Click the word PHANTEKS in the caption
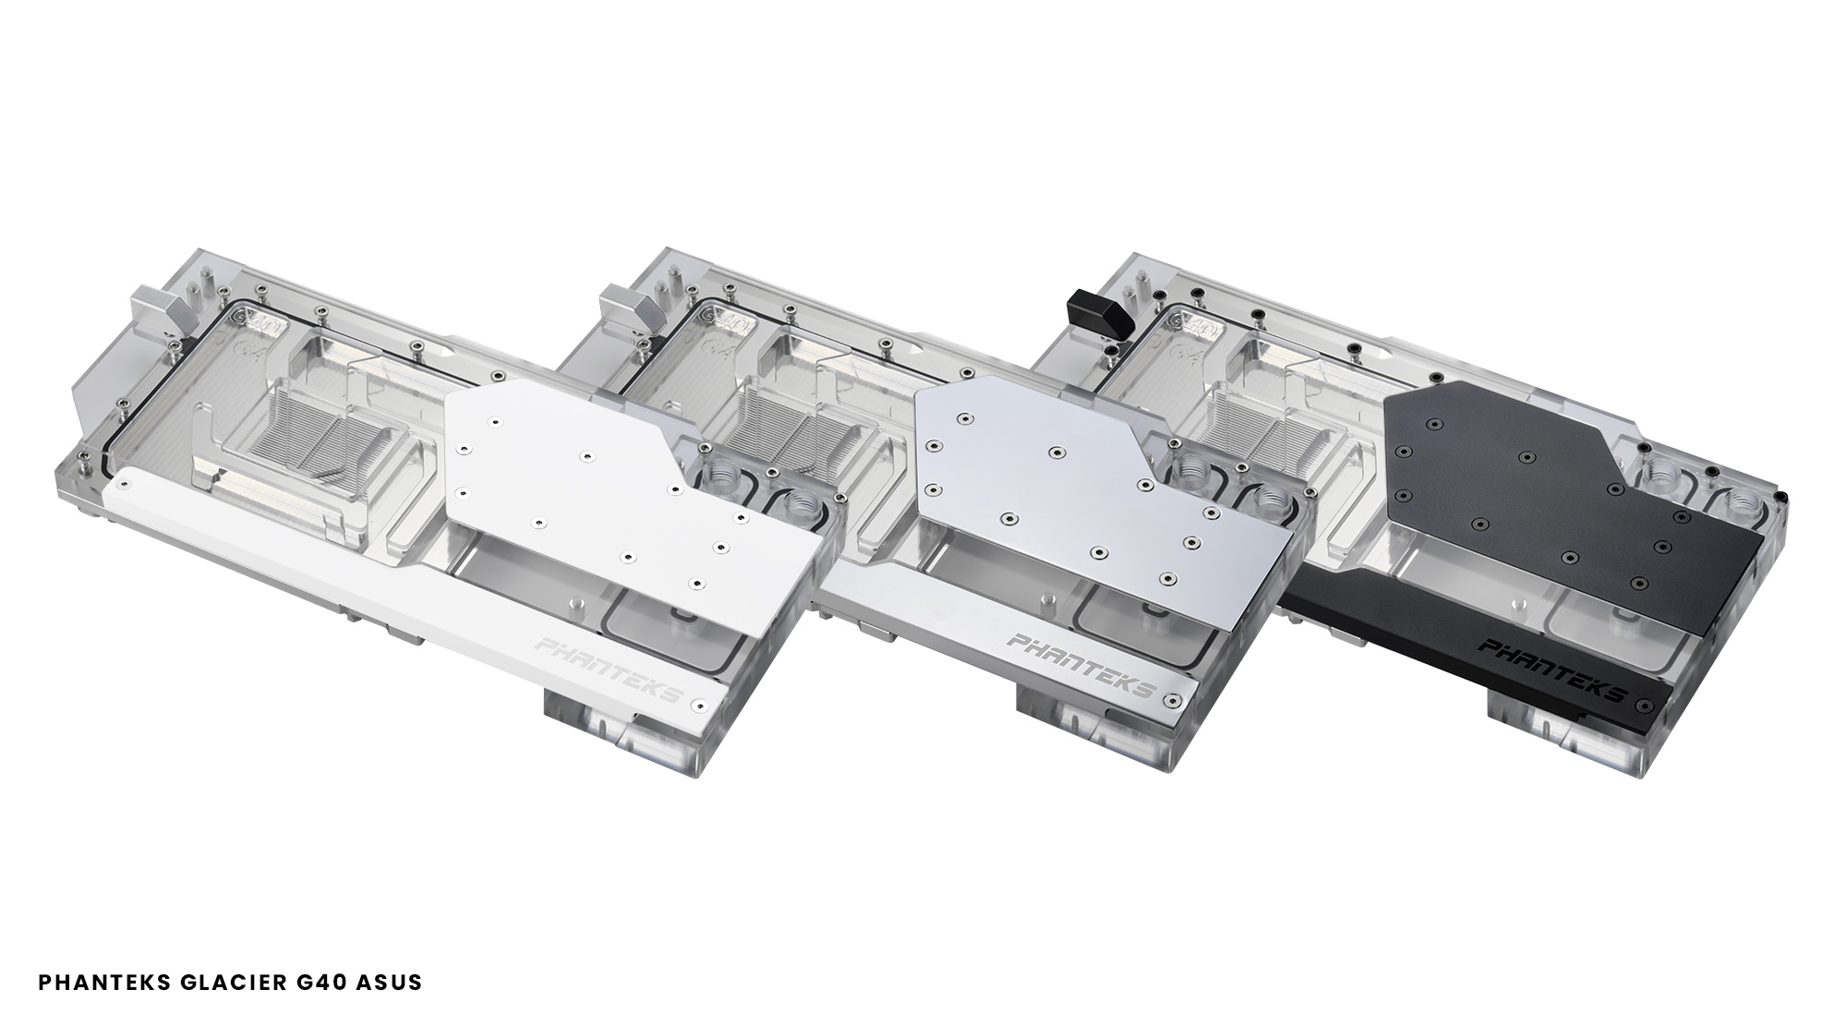(103, 982)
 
